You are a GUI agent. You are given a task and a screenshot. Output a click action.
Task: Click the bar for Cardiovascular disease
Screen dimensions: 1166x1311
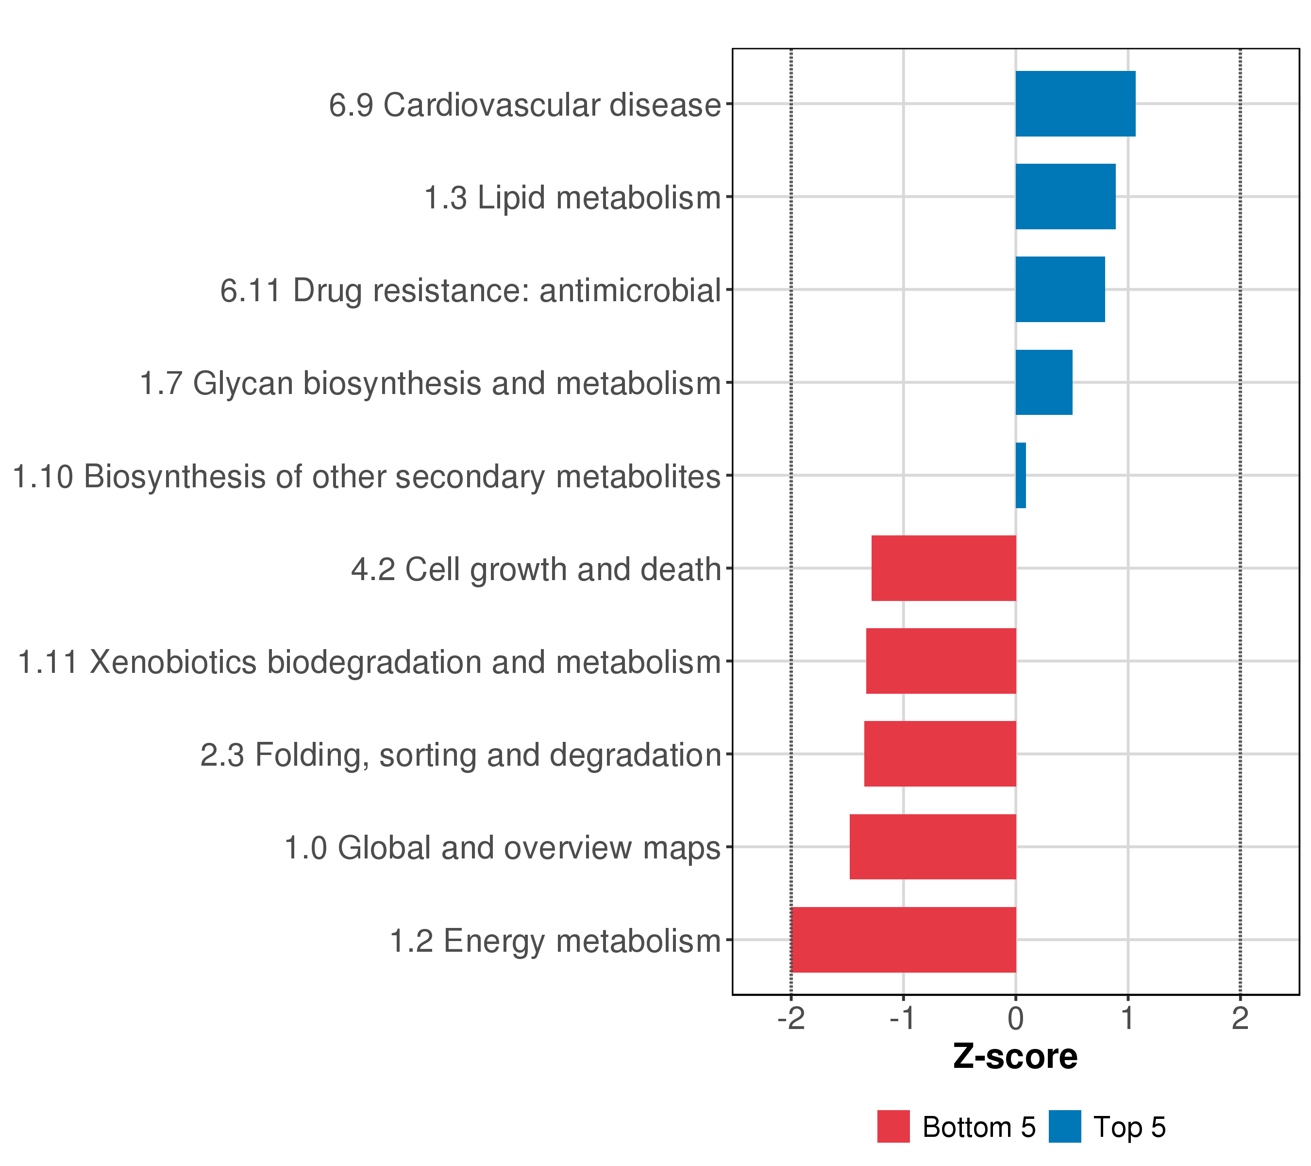point(1075,104)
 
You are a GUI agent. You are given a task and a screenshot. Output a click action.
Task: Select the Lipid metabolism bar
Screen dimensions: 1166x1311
point(1065,196)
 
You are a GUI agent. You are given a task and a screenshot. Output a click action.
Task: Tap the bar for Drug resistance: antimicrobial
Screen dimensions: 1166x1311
point(1060,290)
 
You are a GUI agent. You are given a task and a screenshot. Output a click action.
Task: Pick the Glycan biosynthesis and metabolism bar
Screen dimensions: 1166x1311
point(1043,382)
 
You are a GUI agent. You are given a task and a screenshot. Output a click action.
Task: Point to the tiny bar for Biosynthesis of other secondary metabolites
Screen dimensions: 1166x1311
point(1021,476)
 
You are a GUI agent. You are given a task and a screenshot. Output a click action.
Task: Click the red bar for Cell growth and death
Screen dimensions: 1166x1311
point(943,568)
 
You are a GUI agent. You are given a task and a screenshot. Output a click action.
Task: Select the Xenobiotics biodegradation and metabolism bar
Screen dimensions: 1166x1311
point(941,661)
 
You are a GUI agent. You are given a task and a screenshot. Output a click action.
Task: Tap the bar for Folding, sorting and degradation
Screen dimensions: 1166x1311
point(940,754)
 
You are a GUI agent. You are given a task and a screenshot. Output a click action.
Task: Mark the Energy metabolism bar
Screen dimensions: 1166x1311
point(904,940)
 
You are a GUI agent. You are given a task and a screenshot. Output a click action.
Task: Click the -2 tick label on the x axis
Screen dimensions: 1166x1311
point(791,1019)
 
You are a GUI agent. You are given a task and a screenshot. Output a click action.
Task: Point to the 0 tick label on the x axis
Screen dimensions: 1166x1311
point(1015,1019)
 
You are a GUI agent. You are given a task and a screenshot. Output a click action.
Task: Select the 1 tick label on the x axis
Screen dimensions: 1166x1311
point(1127,1019)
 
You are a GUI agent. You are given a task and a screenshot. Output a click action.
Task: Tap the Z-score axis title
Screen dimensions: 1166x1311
point(1015,1057)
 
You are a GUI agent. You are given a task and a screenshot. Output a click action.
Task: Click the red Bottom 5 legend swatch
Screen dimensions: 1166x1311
point(893,1126)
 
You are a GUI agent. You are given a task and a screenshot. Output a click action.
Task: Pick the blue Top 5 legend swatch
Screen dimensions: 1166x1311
point(1065,1126)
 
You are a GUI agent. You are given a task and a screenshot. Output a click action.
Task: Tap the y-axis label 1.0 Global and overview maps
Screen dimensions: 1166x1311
point(502,848)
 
